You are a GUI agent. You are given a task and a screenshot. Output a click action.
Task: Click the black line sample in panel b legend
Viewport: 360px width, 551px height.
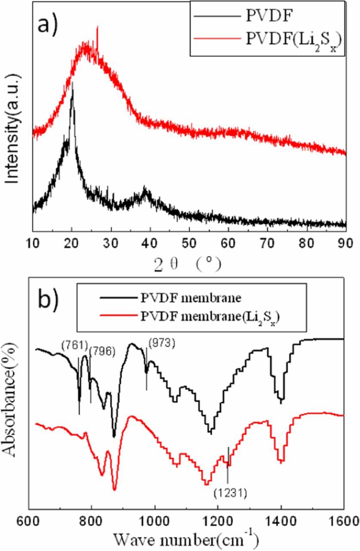tap(114, 297)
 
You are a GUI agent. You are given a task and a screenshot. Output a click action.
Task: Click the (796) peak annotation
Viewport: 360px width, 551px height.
tap(102, 351)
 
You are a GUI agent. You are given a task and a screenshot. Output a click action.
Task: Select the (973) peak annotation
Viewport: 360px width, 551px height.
tap(162, 344)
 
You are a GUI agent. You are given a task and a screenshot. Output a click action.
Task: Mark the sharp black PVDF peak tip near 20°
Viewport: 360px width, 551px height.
tap(72, 82)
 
